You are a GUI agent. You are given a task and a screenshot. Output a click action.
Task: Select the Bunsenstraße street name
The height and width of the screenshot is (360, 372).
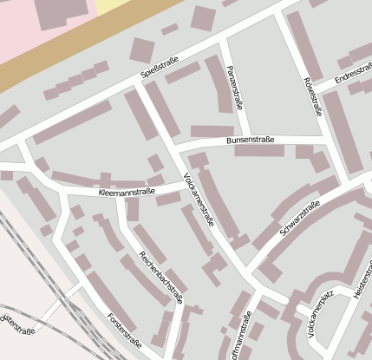pyautogui.click(x=250, y=139)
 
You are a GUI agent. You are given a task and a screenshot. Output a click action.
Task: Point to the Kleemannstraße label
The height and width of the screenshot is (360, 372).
pyautogui.click(x=127, y=192)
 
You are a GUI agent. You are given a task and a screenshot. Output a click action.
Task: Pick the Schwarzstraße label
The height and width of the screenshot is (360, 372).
pyautogui.click(x=300, y=218)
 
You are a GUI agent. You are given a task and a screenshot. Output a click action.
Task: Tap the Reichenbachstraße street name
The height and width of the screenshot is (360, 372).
pyautogui.click(x=161, y=278)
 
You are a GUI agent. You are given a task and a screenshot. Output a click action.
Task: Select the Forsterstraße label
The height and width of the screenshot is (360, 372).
pyautogui.click(x=123, y=331)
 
